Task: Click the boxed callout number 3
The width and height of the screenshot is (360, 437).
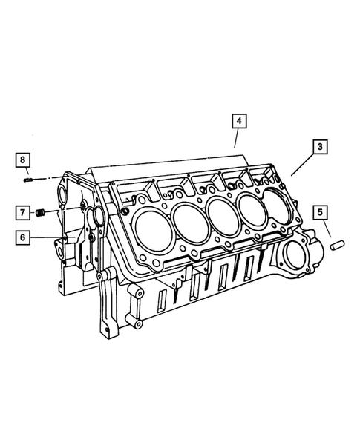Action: pos(320,148)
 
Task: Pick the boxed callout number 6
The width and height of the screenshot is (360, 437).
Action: pos(23,237)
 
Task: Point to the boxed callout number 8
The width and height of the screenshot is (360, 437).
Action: pos(23,160)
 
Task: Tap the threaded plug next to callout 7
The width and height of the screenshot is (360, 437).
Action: pos(42,214)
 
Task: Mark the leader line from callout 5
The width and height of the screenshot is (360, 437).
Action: pos(327,229)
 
